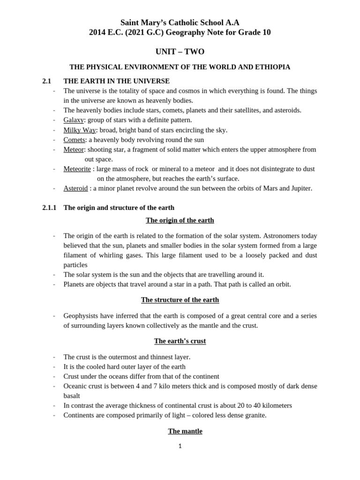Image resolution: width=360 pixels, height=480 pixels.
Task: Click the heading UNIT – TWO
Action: tap(180, 52)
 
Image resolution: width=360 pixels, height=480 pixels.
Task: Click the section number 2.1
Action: tap(46, 81)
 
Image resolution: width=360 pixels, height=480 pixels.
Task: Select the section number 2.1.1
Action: tap(49, 208)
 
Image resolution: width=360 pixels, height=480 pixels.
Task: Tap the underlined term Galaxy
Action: tap(74, 120)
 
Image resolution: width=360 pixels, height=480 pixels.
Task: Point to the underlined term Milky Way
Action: tap(80, 130)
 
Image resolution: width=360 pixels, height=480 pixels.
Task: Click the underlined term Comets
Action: tap(74, 140)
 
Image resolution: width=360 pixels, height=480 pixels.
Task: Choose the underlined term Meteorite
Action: tap(77, 169)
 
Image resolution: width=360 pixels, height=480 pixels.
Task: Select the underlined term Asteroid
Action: tap(75, 188)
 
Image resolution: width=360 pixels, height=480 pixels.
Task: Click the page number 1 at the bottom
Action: tap(180, 446)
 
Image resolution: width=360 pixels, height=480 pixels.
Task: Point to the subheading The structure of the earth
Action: tap(180, 300)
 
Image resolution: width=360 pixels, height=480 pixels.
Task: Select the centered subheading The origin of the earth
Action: tap(180, 220)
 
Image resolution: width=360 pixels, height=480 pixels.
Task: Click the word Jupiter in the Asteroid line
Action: tap(300, 188)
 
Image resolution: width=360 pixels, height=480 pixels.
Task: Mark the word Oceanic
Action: tap(75, 386)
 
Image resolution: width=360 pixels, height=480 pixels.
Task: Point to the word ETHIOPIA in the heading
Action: tap(272, 67)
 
